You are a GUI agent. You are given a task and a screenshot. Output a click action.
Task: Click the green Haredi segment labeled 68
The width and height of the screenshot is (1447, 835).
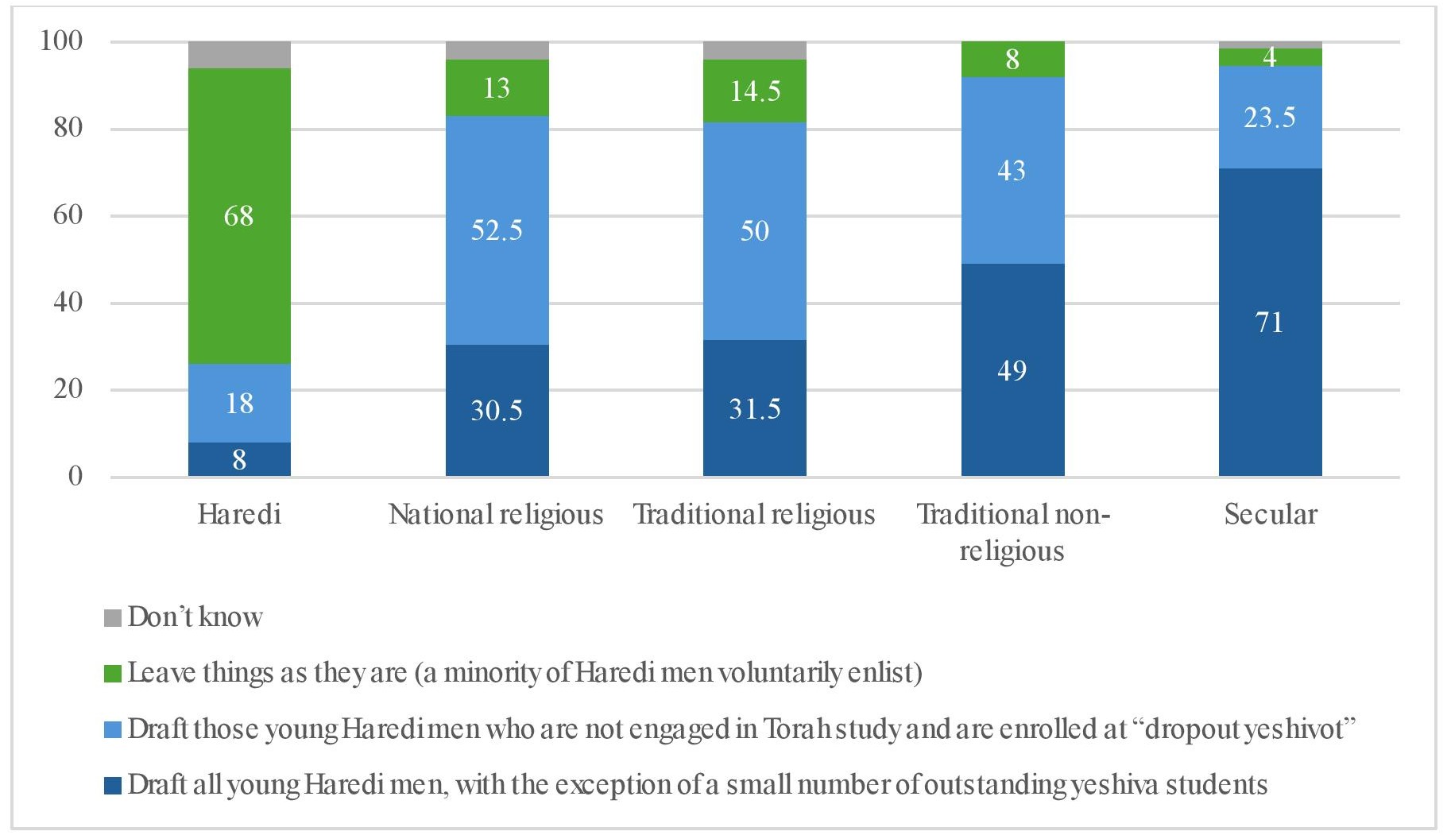pos(239,215)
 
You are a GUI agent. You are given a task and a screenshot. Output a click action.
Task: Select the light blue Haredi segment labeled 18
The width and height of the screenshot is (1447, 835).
pos(239,403)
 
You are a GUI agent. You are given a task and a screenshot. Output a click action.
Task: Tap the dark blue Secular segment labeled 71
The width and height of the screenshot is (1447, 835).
pos(1270,322)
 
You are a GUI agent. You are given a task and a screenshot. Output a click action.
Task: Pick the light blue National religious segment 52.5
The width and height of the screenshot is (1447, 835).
pos(497,230)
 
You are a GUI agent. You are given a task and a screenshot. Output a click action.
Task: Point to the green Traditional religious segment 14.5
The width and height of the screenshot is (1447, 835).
pos(754,91)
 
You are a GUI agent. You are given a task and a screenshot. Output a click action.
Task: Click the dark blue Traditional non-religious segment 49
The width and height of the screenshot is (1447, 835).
pos(1012,370)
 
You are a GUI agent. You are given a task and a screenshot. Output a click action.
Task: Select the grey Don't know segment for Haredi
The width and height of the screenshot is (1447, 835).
pos(239,55)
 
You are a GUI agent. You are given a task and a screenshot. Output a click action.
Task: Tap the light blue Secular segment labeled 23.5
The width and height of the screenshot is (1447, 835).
pos(1270,118)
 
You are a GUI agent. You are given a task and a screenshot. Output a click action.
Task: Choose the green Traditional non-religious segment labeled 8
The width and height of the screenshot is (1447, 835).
pos(1012,59)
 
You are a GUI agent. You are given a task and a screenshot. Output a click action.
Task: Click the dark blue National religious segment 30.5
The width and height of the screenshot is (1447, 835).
pos(497,410)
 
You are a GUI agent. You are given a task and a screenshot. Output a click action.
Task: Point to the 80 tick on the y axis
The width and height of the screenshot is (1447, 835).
pos(68,128)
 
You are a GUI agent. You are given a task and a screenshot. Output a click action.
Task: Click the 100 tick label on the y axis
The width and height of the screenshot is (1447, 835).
pos(61,41)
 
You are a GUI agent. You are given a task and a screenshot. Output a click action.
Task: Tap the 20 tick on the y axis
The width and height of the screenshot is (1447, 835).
pos(68,389)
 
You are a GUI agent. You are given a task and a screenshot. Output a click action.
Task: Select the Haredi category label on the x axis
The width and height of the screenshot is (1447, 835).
pos(239,515)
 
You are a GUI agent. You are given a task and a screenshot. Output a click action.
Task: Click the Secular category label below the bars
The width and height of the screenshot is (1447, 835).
pos(1270,515)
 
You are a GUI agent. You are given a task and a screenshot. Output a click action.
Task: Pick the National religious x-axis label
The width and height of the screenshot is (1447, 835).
pos(497,515)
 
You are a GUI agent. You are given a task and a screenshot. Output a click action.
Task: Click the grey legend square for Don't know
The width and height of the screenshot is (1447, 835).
pos(113,618)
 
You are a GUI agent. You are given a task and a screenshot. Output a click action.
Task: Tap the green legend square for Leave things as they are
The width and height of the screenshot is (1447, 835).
pos(113,674)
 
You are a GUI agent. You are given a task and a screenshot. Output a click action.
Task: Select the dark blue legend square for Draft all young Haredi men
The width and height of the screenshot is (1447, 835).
pos(113,786)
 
